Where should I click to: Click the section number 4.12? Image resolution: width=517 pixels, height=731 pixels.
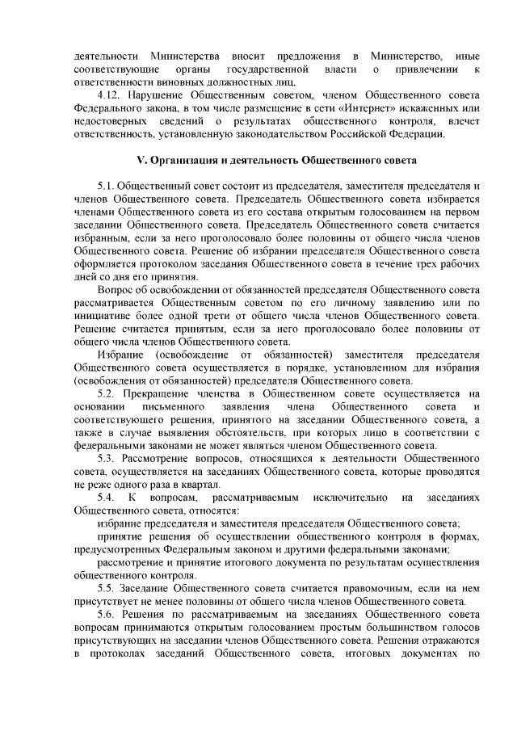(x=107, y=95)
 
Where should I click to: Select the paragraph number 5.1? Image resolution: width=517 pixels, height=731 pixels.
(x=107, y=186)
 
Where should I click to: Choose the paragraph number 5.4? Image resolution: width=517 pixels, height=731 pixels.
(x=106, y=497)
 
